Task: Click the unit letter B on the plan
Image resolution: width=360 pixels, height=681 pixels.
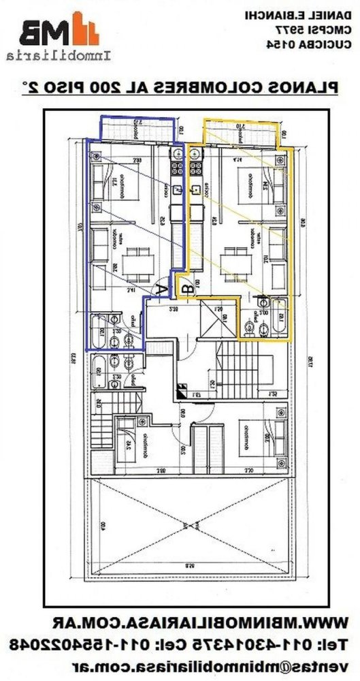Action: pyautogui.click(x=189, y=289)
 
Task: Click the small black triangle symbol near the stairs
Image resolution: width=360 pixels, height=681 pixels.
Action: pyautogui.click(x=181, y=390)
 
